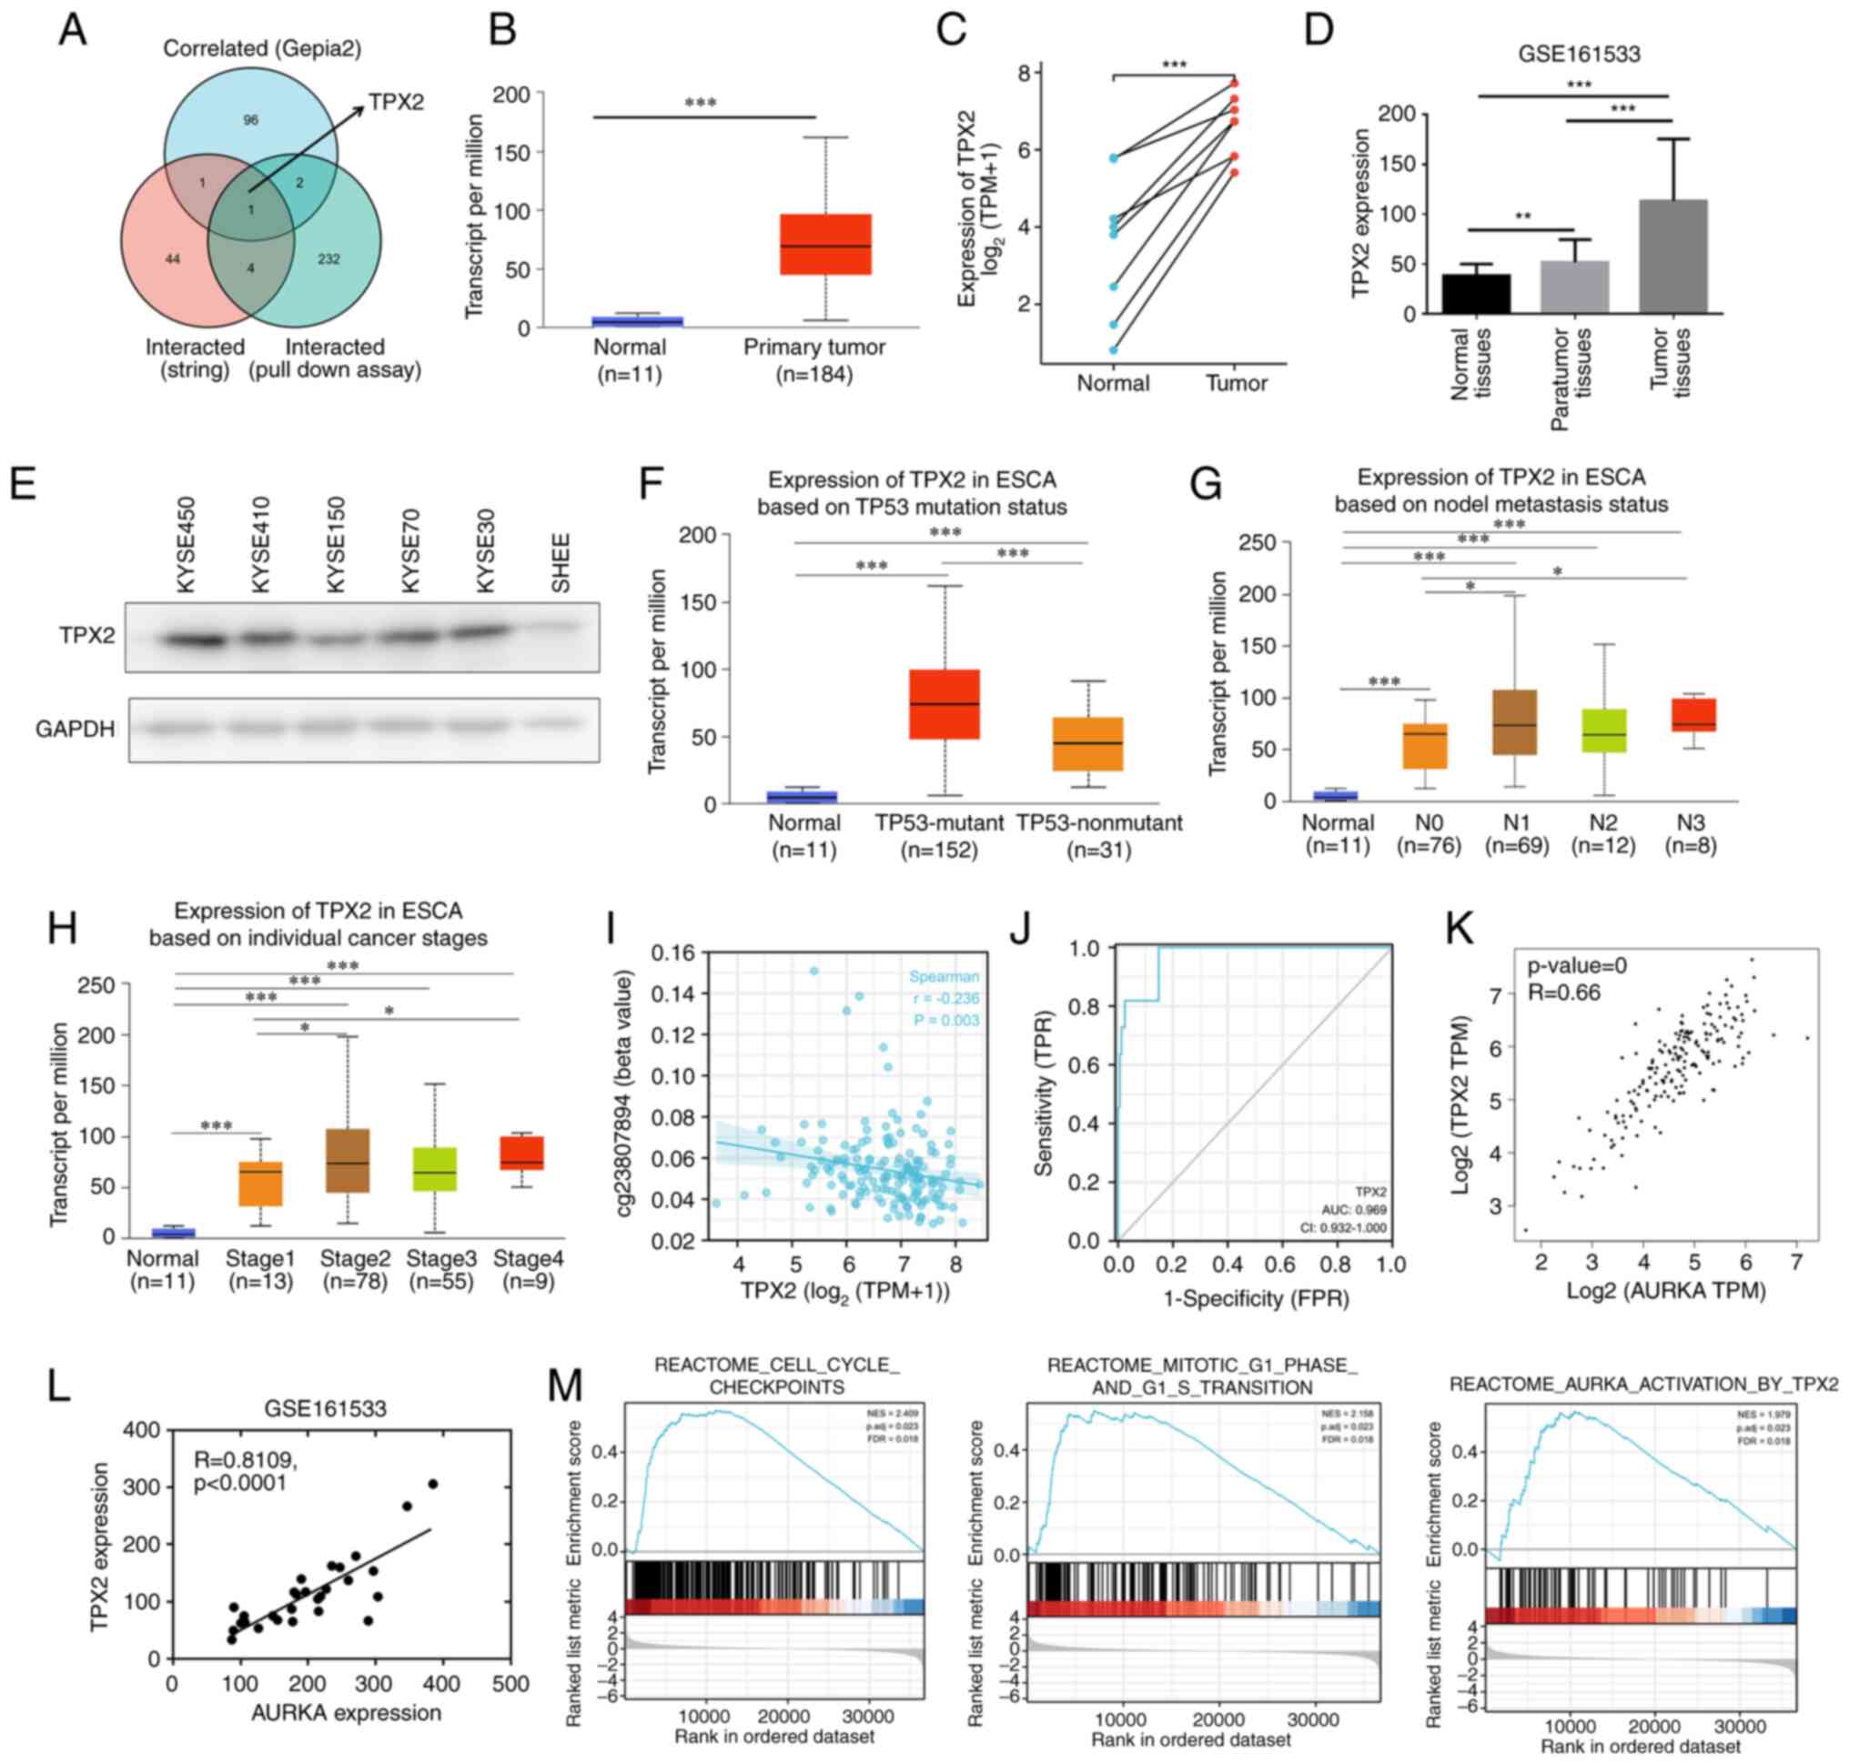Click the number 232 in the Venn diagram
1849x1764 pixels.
tap(328, 258)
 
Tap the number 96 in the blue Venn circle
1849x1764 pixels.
tap(250, 120)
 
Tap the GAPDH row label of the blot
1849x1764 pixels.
tap(76, 729)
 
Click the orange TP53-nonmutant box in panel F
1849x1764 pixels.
tap(1087, 744)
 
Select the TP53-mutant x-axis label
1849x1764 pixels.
tap(940, 822)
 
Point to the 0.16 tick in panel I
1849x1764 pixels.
tap(672, 953)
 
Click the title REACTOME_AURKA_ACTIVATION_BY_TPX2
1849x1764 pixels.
tap(1643, 1384)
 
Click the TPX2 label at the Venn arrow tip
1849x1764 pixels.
tap(396, 102)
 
